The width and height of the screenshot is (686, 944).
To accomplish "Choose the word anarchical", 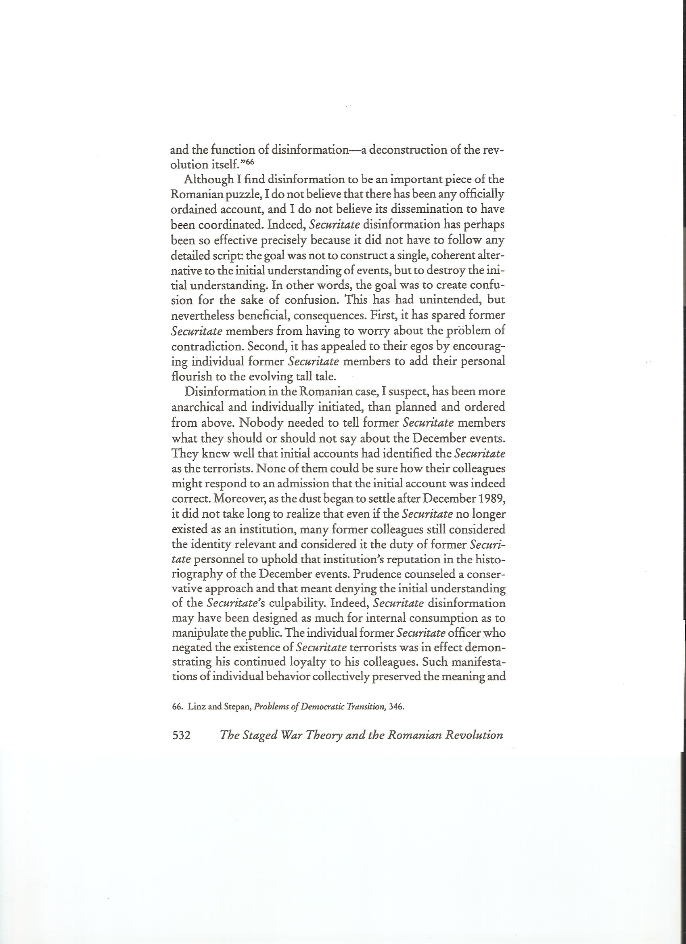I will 198,407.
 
